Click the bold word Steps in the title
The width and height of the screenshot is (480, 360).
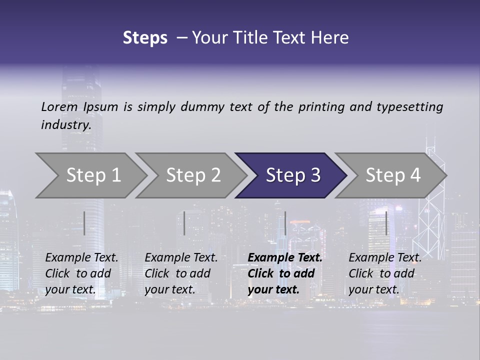click(145, 38)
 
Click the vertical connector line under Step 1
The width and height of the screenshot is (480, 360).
click(84, 223)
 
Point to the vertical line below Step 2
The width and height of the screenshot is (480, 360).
click(184, 223)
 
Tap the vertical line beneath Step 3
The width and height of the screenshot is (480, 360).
click(285, 223)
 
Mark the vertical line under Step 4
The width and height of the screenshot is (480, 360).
click(386, 223)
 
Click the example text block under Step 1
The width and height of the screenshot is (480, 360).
click(81, 273)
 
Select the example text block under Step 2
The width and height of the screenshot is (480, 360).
click(181, 273)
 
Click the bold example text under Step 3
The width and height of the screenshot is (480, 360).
click(285, 273)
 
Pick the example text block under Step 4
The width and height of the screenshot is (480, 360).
click(385, 273)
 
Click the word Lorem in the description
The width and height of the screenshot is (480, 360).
click(59, 107)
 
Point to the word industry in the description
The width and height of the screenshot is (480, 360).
click(66, 125)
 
